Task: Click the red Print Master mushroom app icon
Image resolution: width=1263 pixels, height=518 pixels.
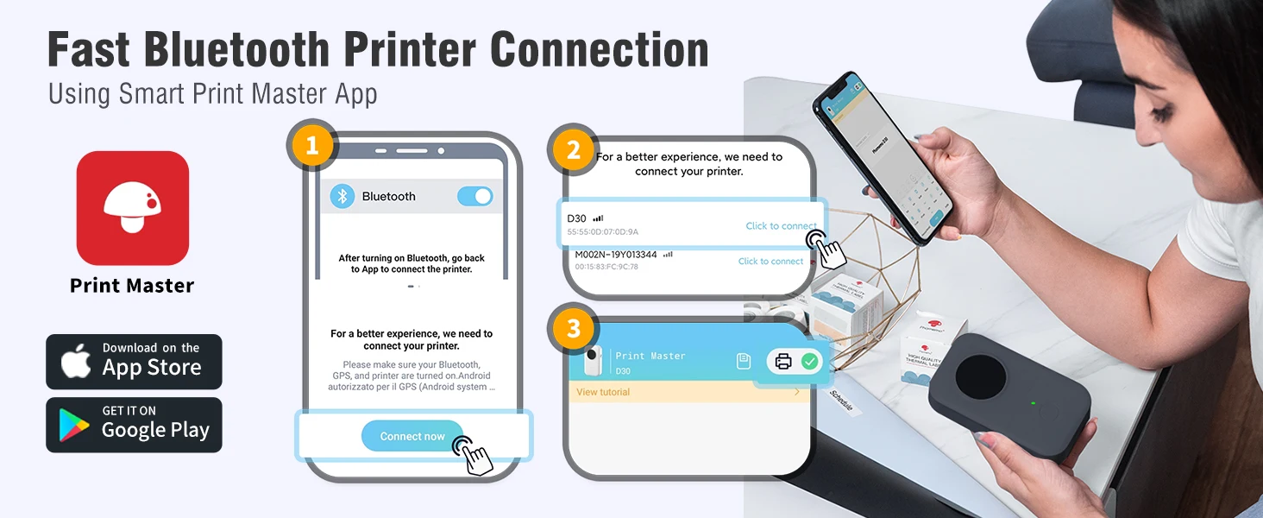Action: click(x=132, y=208)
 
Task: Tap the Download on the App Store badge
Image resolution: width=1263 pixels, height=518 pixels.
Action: click(x=134, y=362)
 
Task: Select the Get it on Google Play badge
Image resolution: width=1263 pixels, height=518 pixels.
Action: click(x=134, y=425)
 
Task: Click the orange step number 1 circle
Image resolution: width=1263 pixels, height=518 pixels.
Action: click(x=312, y=146)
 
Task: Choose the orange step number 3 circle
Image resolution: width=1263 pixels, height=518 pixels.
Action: click(x=573, y=328)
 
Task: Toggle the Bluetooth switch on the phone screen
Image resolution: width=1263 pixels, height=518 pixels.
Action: click(x=474, y=196)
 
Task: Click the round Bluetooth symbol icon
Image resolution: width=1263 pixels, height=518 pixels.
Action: click(x=342, y=196)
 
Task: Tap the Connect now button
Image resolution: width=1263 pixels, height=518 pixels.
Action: click(x=412, y=436)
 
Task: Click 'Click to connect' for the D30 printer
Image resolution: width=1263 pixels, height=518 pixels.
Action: click(x=781, y=226)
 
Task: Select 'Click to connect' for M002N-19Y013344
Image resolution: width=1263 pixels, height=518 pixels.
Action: click(x=770, y=262)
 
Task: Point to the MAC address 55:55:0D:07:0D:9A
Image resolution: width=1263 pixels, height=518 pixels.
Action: click(x=603, y=232)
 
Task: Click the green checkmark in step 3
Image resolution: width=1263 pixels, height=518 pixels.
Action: click(x=809, y=362)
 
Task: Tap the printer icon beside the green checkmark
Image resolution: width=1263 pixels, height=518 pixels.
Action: click(x=783, y=362)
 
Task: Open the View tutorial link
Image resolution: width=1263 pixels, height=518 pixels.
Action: click(x=603, y=392)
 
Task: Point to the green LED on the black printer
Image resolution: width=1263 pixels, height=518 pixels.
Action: click(x=1033, y=403)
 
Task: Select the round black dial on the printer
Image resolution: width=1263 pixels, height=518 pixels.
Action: click(x=981, y=379)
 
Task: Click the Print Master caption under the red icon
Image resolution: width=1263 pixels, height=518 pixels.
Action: click(x=132, y=286)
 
